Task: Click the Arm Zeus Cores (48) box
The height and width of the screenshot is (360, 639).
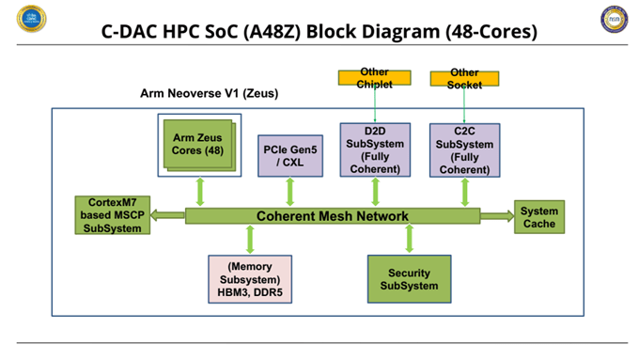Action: coord(198,144)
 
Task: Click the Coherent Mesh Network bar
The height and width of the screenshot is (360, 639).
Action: coord(333,216)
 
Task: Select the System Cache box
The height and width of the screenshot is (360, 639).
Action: coord(539,216)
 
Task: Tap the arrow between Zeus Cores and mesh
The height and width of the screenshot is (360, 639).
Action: coord(199,191)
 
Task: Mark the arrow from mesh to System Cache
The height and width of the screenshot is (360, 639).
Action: coord(496,216)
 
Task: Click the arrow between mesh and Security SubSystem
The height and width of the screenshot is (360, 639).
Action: coord(408,239)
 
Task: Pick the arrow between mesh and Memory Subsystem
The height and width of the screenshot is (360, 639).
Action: coord(249,239)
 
